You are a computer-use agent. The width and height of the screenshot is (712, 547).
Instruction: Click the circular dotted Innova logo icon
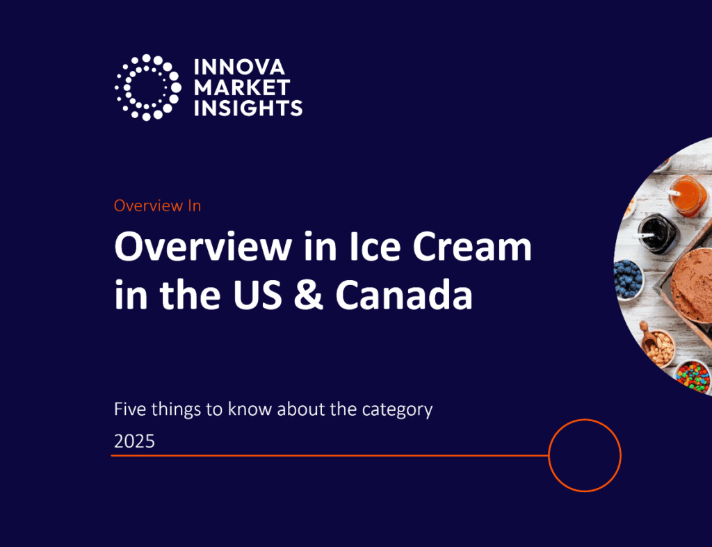pyautogui.click(x=148, y=88)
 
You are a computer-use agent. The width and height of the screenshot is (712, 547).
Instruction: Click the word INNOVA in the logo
pyautogui.click(x=239, y=67)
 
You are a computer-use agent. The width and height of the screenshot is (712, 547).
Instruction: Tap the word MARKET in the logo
pyautogui.click(x=242, y=88)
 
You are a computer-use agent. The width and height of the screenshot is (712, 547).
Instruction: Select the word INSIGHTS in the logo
pyautogui.click(x=248, y=108)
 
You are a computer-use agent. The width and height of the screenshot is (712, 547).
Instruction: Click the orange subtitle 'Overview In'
pyautogui.click(x=157, y=206)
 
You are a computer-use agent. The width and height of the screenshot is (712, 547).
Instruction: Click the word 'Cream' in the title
pyautogui.click(x=472, y=247)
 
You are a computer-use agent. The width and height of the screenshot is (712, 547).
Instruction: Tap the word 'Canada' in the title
pyautogui.click(x=404, y=295)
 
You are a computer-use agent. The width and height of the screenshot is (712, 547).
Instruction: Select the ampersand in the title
pyautogui.click(x=308, y=295)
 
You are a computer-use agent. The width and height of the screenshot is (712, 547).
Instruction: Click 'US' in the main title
pyautogui.click(x=257, y=295)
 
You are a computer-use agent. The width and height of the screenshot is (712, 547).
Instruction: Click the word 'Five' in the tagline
pyautogui.click(x=130, y=409)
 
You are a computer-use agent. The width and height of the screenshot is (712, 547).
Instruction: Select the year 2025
pyautogui.click(x=134, y=441)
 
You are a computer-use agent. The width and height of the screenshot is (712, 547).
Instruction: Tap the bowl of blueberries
pyautogui.click(x=628, y=278)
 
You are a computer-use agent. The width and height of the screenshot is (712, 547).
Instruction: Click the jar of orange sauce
pyautogui.click(x=687, y=196)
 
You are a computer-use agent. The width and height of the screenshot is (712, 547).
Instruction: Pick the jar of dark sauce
pyautogui.click(x=658, y=233)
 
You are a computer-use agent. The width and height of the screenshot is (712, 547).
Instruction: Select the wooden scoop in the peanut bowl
pyautogui.click(x=647, y=335)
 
